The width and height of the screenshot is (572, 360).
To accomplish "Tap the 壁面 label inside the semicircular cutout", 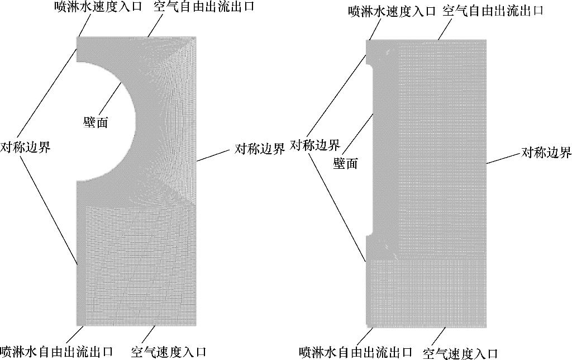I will point(95,123).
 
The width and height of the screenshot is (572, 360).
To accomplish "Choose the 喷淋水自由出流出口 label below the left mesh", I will point(56,352).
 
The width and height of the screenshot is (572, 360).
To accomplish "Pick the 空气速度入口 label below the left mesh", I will point(169,352).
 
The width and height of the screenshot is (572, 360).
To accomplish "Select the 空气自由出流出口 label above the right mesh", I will point(493,11).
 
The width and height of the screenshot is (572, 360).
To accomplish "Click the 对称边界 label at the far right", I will point(546,153).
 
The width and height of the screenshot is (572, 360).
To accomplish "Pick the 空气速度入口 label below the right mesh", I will point(460,353).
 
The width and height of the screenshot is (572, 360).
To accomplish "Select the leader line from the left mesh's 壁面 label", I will point(109,101).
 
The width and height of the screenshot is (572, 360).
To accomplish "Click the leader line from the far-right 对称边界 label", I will point(503,159).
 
